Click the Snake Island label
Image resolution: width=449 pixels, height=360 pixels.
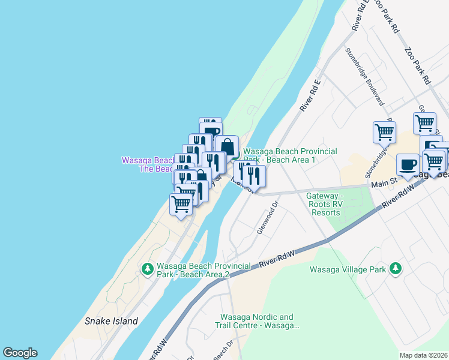[x=112, y=321]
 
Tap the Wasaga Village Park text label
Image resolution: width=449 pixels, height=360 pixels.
[x=348, y=269]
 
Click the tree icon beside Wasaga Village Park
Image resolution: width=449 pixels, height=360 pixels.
[x=395, y=268]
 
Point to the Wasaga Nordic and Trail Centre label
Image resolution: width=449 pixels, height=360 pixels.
[x=256, y=321]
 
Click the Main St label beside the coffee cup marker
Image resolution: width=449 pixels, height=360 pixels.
[x=384, y=183]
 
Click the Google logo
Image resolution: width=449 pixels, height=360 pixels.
[x=20, y=353]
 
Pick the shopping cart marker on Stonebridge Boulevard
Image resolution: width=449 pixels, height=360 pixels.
[x=384, y=133]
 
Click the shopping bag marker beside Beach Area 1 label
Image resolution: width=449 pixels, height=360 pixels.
[x=227, y=147]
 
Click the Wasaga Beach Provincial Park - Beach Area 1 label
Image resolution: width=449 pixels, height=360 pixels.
[x=290, y=156]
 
